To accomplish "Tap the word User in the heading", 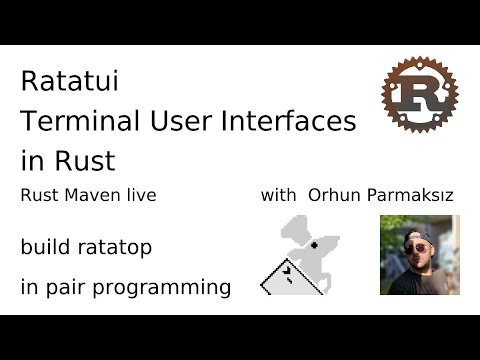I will (x=178, y=121).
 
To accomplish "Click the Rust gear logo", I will (x=419, y=95).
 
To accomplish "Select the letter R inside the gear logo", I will (x=419, y=96).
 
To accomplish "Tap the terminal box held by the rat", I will (x=285, y=275).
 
